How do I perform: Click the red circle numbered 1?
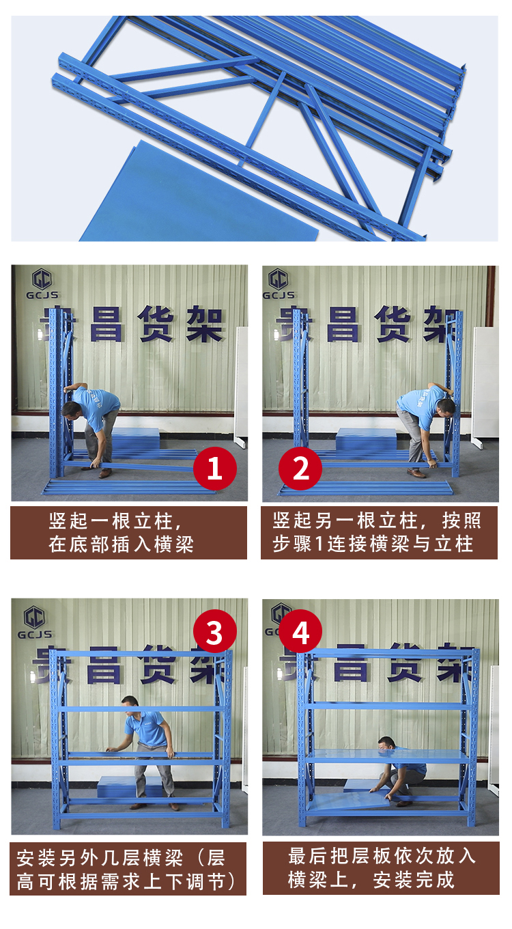coord(215,468)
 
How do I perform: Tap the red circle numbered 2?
coord(300,468)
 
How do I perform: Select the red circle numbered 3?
coord(215,631)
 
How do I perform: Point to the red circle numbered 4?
coord(300,631)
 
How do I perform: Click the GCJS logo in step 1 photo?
coord(42,284)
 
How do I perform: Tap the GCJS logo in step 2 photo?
coord(279,284)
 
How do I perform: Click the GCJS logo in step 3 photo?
coord(35,622)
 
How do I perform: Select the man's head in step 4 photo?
coord(386,744)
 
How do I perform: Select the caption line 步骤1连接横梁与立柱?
coord(373,544)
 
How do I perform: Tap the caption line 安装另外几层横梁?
coord(100,858)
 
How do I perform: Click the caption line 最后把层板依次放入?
coord(382,856)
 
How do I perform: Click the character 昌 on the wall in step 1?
coord(106,324)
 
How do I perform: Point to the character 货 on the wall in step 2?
coord(392,324)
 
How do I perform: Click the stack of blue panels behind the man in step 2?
coord(366,443)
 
